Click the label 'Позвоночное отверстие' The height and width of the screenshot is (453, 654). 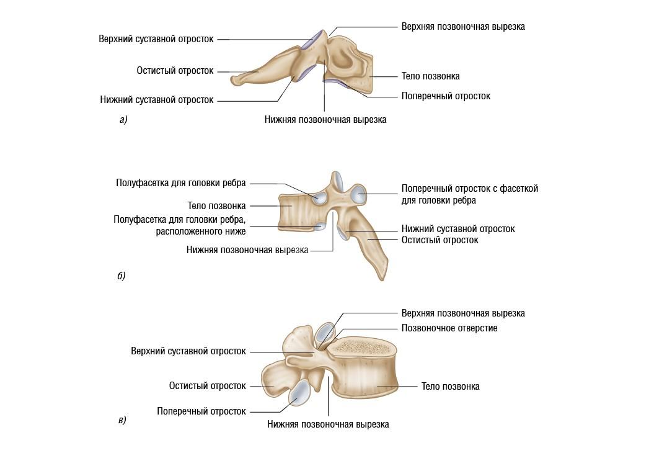tap(449, 328)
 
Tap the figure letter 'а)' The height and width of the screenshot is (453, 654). tap(123, 120)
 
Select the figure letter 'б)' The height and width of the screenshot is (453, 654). tap(122, 276)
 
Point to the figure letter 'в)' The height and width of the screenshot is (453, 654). tap(122, 420)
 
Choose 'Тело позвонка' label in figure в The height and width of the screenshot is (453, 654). tap(450, 386)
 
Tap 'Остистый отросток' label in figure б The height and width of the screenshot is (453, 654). tap(440, 240)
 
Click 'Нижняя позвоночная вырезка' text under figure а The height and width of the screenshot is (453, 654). tap(325, 120)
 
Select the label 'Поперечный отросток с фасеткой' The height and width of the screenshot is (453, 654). tap(469, 188)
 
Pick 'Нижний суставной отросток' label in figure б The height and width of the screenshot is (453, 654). tap(457, 228)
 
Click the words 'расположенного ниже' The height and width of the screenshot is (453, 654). tap(201, 231)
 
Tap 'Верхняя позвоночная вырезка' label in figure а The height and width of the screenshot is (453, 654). tap(462, 27)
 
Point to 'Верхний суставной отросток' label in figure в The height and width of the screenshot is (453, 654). tap(188, 351)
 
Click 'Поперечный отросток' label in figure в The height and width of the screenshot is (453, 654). tap(201, 411)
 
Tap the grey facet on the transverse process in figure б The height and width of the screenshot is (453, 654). tap(359, 195)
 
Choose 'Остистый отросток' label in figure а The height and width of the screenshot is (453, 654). tap(175, 71)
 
